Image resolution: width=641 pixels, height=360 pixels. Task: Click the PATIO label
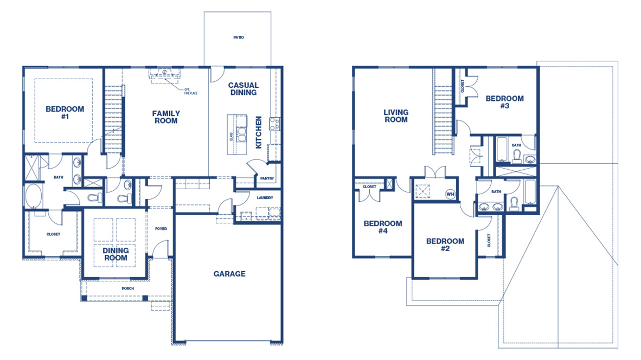tap(239, 37)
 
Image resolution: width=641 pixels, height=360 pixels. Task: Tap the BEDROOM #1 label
tap(65, 113)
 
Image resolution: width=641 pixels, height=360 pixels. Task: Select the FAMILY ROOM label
tap(166, 117)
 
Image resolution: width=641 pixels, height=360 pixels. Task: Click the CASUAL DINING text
tap(243, 89)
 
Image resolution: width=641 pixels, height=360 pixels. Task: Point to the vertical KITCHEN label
tap(259, 132)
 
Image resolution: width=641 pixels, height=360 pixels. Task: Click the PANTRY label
tap(267, 178)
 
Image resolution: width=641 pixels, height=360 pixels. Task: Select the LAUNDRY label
tap(265, 198)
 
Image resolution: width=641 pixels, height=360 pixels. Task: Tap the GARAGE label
tap(229, 274)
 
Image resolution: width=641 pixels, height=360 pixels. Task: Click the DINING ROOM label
tap(116, 254)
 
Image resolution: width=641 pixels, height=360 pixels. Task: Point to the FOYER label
tap(161, 229)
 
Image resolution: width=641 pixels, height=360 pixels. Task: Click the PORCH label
tap(127, 288)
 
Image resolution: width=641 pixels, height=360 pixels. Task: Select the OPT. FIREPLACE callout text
tap(190, 91)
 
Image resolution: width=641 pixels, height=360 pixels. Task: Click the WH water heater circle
tap(450, 194)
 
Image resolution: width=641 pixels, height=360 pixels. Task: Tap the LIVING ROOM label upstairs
tap(396, 116)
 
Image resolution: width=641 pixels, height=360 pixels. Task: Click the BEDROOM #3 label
tap(504, 102)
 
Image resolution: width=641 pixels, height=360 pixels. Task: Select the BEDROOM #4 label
tap(383, 227)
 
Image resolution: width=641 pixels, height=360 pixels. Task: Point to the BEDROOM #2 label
tap(445, 245)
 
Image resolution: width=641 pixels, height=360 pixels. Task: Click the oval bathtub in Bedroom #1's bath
tap(33, 196)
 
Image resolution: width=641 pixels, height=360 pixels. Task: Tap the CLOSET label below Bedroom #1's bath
tap(53, 234)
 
